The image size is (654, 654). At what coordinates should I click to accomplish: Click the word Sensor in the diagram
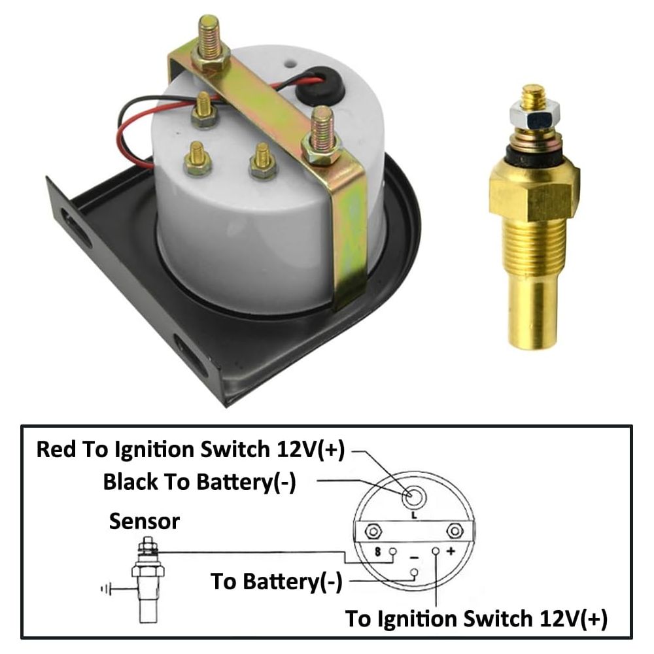[x=145, y=521]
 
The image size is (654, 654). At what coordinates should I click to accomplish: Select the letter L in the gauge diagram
[x=414, y=515]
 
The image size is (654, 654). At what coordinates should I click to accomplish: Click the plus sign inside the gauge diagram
[x=451, y=551]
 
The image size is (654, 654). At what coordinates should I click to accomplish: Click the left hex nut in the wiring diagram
[x=373, y=532]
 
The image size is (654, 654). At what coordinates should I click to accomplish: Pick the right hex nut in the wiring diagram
[x=455, y=531]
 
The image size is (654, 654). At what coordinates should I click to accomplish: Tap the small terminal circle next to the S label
[x=392, y=551]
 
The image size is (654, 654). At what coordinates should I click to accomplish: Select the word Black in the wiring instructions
[x=130, y=482]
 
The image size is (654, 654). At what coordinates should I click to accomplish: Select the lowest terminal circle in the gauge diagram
[x=414, y=572]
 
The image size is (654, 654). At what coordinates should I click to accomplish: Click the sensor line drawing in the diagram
[x=148, y=580]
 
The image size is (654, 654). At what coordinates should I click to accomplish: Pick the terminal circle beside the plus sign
[x=436, y=551]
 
